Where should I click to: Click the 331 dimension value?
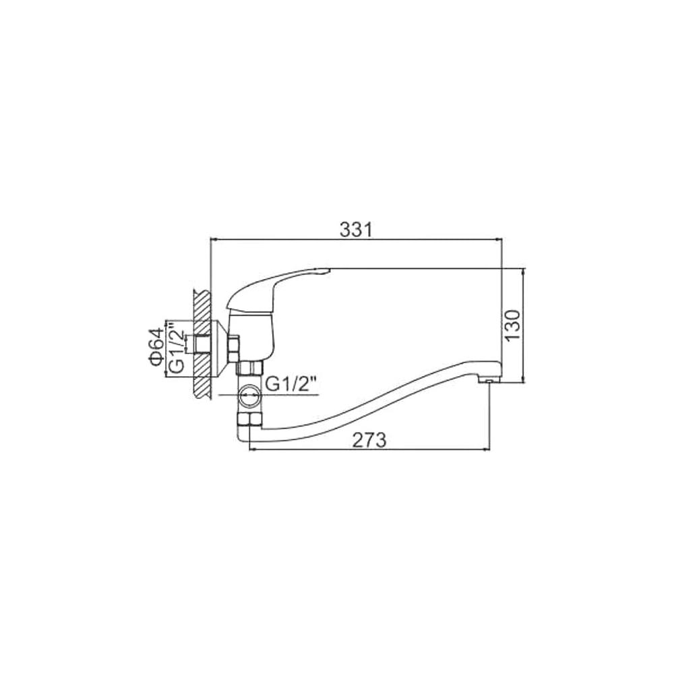355,230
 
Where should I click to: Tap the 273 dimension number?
369,440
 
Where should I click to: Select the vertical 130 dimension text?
513,325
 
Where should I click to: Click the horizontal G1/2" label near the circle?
292,384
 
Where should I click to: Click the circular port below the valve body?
249,395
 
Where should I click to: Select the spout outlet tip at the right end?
489,380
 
